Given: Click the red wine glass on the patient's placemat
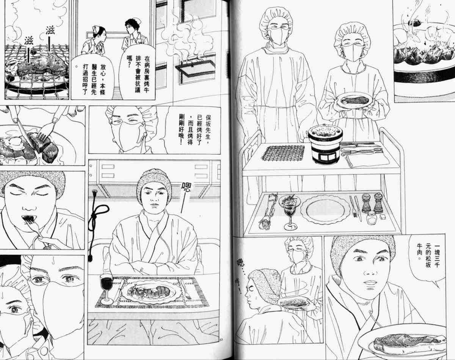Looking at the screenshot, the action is [107, 288].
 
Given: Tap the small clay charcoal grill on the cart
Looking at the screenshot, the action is [325, 144].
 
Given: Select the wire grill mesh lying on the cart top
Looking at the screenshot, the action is [283, 153].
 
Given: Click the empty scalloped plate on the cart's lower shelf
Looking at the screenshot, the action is [326, 209].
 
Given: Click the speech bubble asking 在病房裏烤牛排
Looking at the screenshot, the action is [137, 72].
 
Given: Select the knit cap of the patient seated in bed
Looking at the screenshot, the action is [154, 182].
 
